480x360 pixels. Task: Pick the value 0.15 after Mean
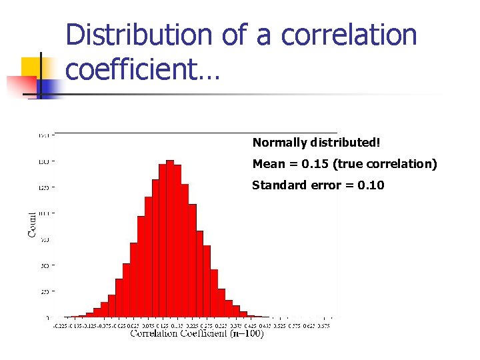click(x=310, y=164)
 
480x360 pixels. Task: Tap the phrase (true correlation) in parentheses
click(x=383, y=164)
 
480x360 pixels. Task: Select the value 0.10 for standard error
click(x=371, y=185)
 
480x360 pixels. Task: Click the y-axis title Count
click(x=32, y=224)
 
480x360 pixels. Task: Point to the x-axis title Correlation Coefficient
click(x=179, y=333)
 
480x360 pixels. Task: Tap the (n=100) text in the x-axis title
click(x=247, y=333)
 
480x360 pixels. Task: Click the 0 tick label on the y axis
click(x=47, y=317)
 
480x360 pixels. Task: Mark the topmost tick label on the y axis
click(x=43, y=135)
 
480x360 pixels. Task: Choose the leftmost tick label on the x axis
click(x=59, y=325)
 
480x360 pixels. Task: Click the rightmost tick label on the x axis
click(x=324, y=325)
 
